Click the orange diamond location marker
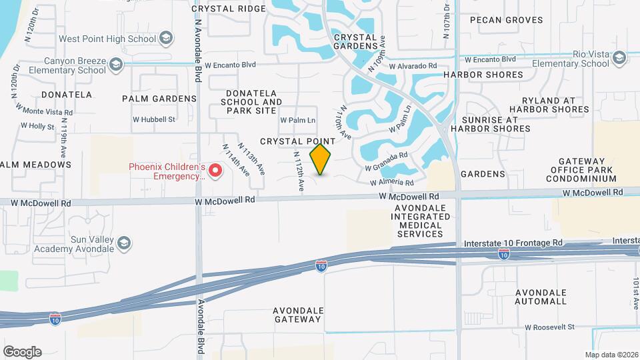tap(321, 159)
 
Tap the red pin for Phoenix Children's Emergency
tap(215, 171)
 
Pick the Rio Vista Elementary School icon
tap(619, 58)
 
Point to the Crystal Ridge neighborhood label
tap(223, 9)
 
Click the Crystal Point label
tap(297, 141)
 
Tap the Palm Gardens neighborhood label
tap(159, 99)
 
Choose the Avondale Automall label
tap(541, 297)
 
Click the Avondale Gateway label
tap(298, 315)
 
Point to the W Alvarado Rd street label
tap(413, 67)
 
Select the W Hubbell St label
tap(153, 119)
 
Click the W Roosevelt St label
tap(549, 327)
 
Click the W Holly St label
tap(37, 125)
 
